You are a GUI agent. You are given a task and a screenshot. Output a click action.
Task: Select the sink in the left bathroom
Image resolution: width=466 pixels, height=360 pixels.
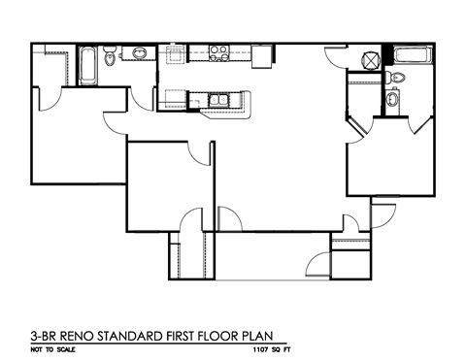point(138,53)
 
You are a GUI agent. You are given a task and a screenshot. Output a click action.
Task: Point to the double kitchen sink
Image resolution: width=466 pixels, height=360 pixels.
point(217,98)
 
